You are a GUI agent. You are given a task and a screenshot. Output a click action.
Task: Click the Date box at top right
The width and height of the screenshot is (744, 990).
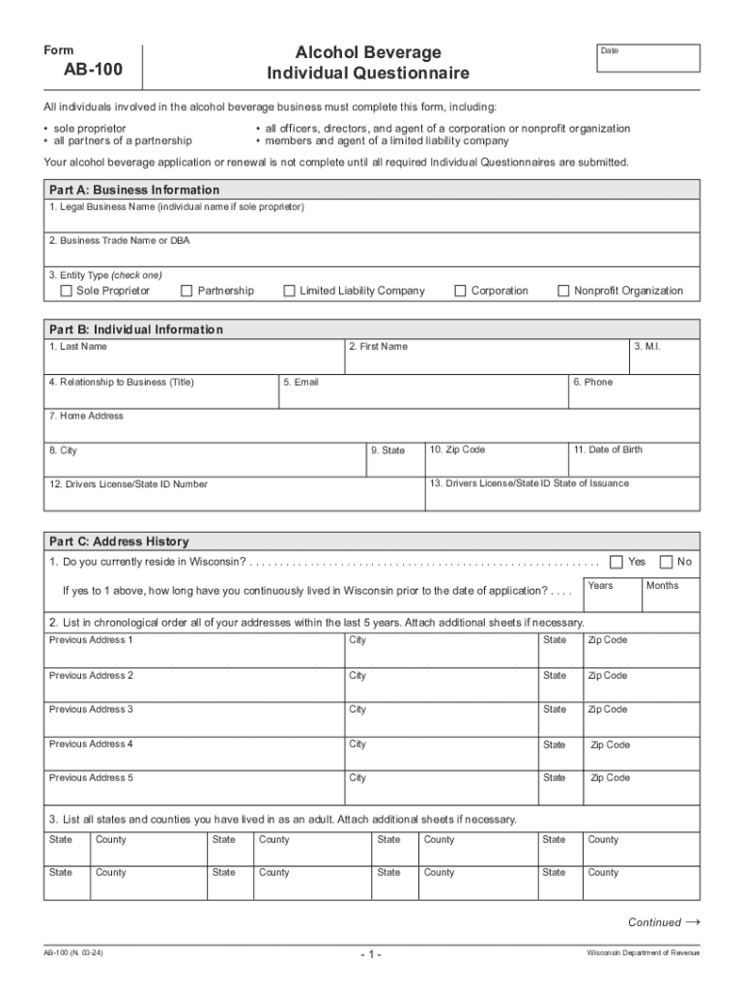[x=646, y=59]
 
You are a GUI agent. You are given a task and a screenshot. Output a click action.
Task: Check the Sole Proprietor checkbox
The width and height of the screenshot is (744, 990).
[x=67, y=291]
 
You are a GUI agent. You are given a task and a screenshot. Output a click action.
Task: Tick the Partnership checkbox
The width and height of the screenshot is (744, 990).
[x=186, y=291]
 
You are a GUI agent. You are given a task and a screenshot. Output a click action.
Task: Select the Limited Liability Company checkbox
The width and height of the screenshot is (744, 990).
[x=289, y=291]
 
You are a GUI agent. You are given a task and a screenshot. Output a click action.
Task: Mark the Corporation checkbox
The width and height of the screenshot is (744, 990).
[x=460, y=291]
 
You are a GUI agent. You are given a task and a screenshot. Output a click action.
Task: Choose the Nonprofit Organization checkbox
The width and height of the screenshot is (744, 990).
[x=563, y=291]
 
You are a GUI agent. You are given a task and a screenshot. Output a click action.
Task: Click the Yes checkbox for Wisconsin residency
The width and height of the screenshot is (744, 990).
[x=616, y=562]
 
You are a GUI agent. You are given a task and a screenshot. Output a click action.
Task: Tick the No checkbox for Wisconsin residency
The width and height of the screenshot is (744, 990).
[x=666, y=562]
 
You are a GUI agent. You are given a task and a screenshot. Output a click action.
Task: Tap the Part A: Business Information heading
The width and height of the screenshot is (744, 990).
[x=134, y=189]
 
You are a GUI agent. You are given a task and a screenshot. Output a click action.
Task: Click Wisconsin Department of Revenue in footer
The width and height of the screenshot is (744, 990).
[x=643, y=953]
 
